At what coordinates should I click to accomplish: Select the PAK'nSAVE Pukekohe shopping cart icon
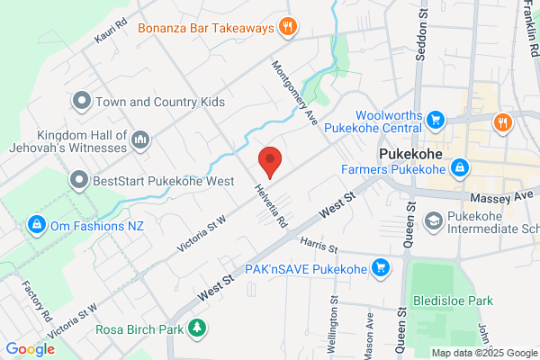tap(381, 267)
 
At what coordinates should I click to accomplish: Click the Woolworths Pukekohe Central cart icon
tap(436, 120)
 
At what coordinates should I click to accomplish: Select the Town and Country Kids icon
tap(82, 102)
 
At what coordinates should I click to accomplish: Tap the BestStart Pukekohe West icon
tap(80, 180)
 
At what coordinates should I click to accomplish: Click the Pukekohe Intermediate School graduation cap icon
tap(433, 220)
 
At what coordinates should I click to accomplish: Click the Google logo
tap(30, 349)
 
